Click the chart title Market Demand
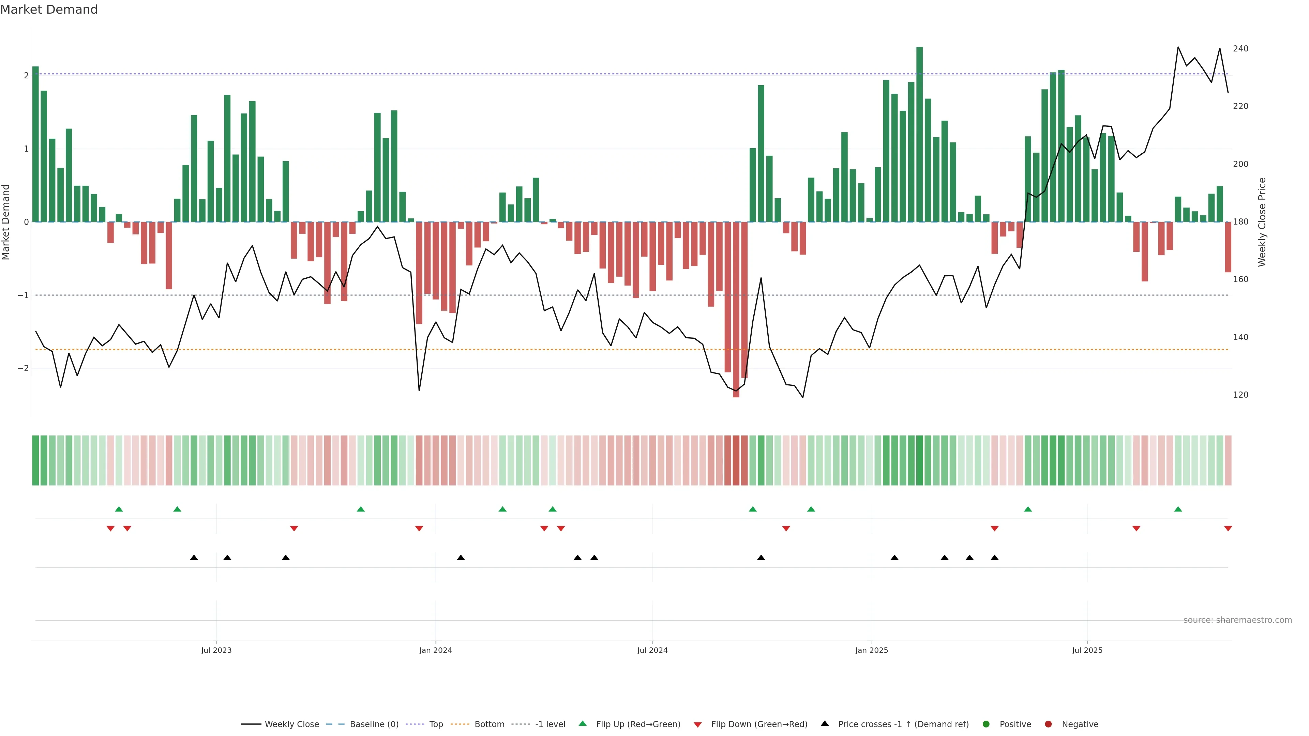pos(49,10)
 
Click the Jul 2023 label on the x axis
pos(216,650)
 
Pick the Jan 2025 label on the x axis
pos(872,650)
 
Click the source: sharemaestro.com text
pos(1237,620)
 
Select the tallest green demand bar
pos(919,135)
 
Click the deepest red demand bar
pos(736,309)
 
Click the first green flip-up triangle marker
pos(119,509)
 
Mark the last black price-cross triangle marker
pos(994,558)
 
